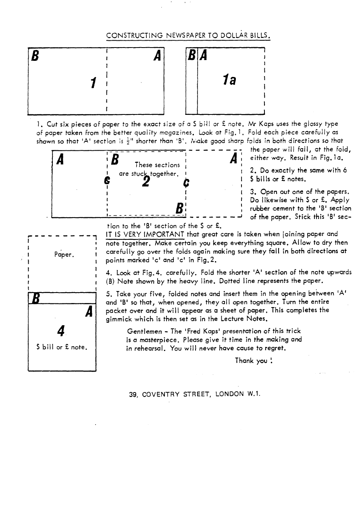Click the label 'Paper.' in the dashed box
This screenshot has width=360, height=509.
click(62, 255)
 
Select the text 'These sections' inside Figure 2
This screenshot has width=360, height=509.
click(157, 165)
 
